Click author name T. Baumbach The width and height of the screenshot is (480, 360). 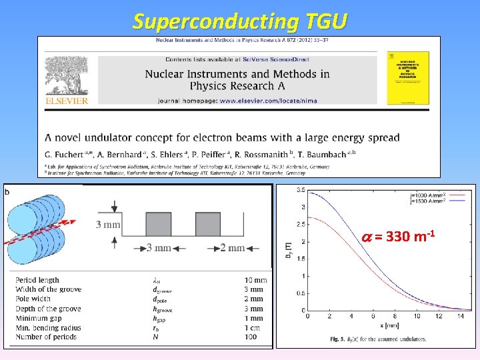click(x=325, y=153)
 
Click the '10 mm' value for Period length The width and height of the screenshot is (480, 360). click(x=255, y=280)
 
